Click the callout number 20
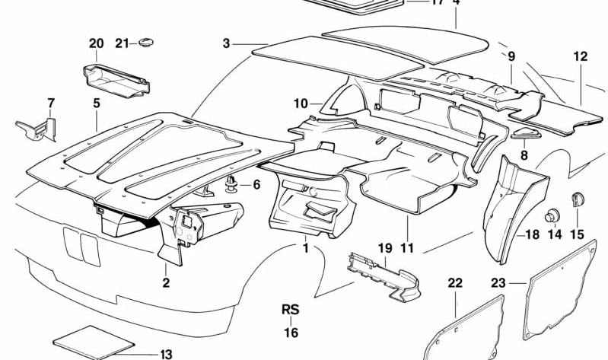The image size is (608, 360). [x=96, y=43]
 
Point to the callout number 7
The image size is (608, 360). [x=51, y=103]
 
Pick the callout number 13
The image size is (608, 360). [x=166, y=354]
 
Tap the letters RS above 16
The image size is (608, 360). [x=291, y=310]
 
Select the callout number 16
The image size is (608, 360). [x=291, y=333]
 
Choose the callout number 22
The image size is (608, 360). [x=455, y=283]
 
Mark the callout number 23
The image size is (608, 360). [x=498, y=283]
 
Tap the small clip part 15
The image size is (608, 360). [x=577, y=199]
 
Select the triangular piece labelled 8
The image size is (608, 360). [x=524, y=135]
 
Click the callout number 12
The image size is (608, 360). [x=581, y=56]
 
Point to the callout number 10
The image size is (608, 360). [x=300, y=103]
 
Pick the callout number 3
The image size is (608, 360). [x=226, y=43]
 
